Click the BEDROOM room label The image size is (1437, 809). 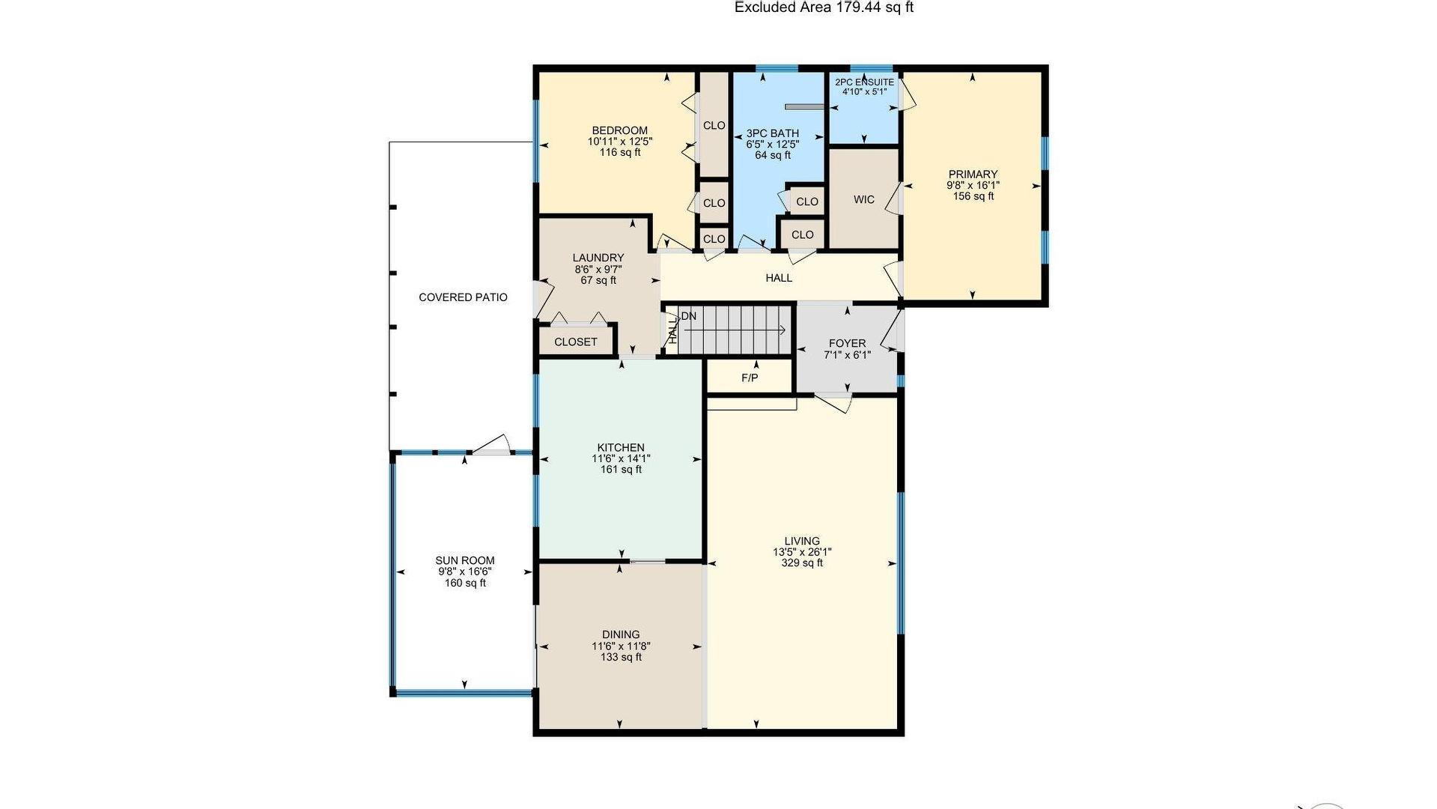[619, 130]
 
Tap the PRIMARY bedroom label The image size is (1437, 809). [973, 175]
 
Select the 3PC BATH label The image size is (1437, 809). [772, 133]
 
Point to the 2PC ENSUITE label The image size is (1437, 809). [864, 82]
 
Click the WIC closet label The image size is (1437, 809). [863, 200]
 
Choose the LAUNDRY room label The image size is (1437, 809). [598, 258]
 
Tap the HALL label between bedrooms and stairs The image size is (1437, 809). [779, 278]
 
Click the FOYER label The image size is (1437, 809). [847, 344]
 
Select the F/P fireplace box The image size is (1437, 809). [750, 377]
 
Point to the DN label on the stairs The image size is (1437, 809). [689, 316]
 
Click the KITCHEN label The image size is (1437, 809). [621, 448]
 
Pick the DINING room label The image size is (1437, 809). [621, 634]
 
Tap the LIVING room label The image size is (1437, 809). [802, 541]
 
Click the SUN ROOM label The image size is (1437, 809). [465, 560]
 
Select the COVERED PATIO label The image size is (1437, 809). [463, 297]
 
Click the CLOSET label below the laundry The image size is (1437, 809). [576, 342]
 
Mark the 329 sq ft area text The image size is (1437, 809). [802, 563]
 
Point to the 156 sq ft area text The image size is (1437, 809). [973, 196]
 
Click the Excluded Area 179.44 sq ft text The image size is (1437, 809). [824, 7]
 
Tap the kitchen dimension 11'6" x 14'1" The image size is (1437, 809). [621, 458]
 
